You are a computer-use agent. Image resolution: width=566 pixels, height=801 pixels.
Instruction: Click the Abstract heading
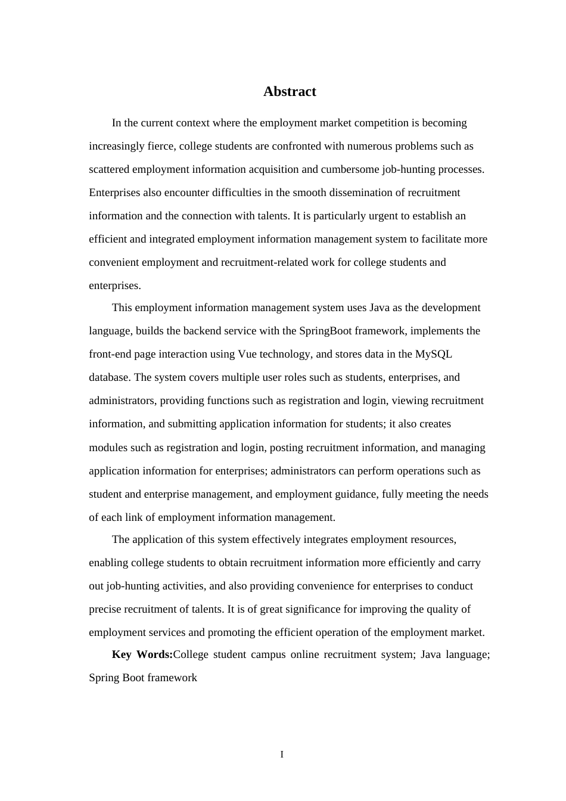pos(290,92)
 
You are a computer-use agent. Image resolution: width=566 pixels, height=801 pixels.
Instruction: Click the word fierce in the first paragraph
pos(160,146)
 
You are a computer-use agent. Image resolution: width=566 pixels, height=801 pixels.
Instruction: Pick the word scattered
pos(109,169)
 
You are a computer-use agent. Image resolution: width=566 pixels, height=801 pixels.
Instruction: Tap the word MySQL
pos(433,354)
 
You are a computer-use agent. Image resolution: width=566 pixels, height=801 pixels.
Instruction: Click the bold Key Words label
pos(142,654)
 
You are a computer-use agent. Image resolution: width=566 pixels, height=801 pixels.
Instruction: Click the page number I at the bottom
pos(282,755)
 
